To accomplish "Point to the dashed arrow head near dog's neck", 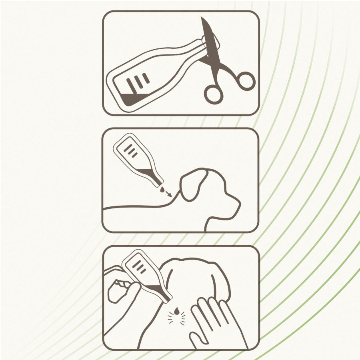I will point(171,196).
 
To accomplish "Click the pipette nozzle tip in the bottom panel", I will point(170,299).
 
